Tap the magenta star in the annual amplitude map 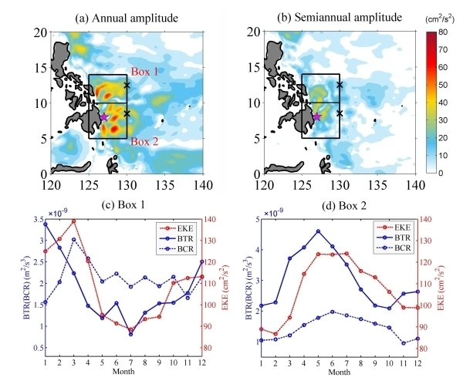click(104, 117)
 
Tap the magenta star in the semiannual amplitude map click(316, 116)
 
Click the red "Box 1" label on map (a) click(144, 71)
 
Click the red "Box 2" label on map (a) click(144, 141)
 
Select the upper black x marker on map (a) click(127, 85)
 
